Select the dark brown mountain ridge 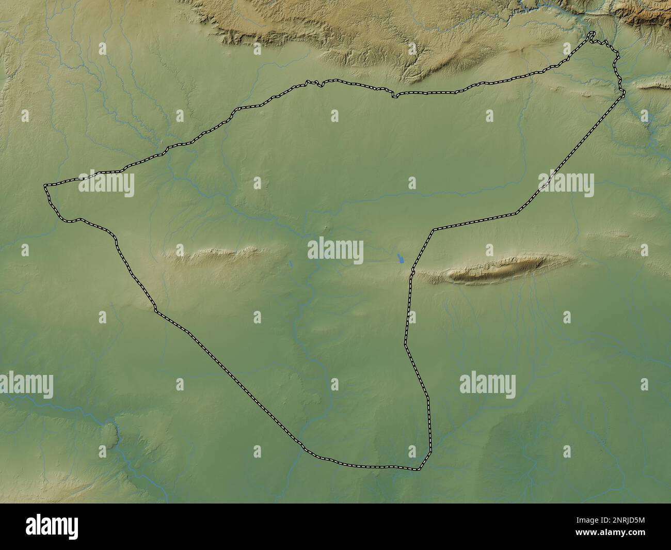coord(496,270)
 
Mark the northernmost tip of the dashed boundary coord(593,34)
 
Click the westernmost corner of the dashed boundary coord(45,185)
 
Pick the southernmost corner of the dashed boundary coord(419,469)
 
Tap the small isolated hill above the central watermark coord(326,227)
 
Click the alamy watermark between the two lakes coord(335,250)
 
